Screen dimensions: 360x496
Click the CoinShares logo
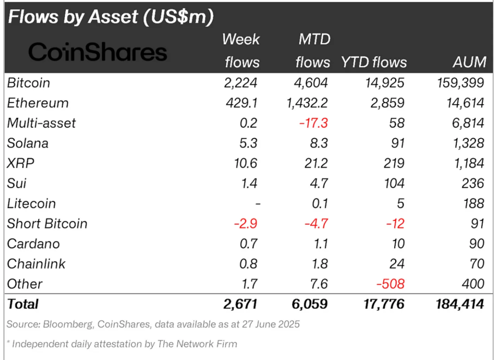point(98,52)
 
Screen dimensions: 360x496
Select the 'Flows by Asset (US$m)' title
point(110,17)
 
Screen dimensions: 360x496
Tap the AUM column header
point(469,62)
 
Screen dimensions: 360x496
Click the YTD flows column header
point(374,62)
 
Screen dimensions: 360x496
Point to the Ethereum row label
point(38,103)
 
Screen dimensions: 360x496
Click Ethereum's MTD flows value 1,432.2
point(305,103)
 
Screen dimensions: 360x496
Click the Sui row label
point(16,183)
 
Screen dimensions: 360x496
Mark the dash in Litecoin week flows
point(257,203)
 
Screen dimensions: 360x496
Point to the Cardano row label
point(34,244)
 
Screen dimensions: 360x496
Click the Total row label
point(23,304)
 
